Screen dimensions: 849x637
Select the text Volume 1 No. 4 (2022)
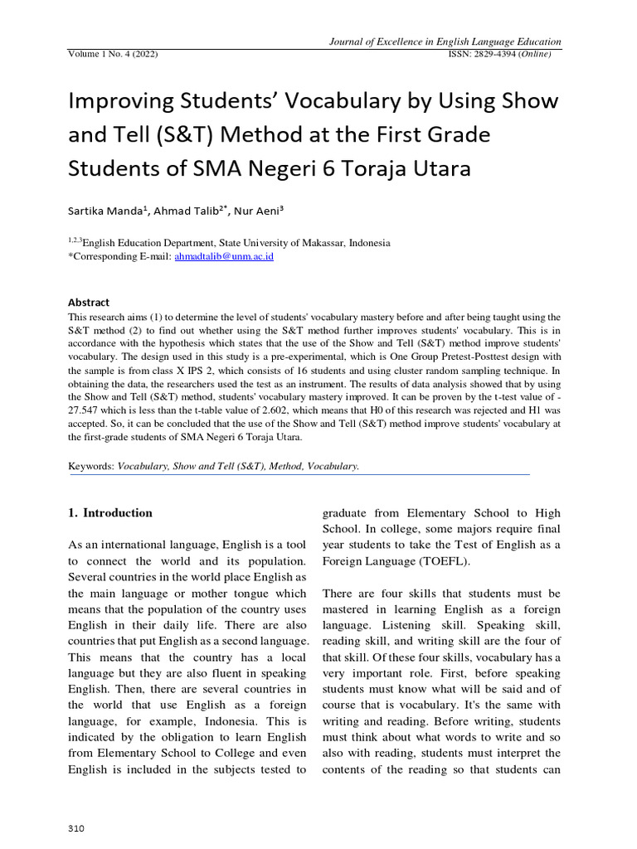pyautogui.click(x=113, y=55)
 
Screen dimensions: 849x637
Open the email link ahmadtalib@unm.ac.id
pyautogui.click(x=223, y=257)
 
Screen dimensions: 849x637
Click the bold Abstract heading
pyautogui.click(x=89, y=303)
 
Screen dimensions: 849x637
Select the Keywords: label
pyautogui.click(x=91, y=467)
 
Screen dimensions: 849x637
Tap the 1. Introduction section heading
pyautogui.click(x=110, y=512)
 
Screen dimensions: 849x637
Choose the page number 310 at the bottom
pyautogui.click(x=76, y=828)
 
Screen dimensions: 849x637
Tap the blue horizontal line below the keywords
pyautogui.click(x=299, y=475)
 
